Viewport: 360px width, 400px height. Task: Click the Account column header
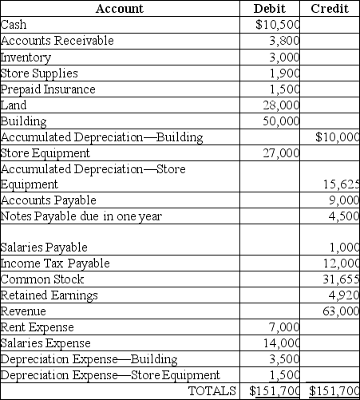119,9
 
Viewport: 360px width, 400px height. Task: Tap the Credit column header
330,9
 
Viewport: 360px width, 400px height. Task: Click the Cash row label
14,25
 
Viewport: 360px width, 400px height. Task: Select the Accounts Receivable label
57,41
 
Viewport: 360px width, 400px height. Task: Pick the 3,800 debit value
284,41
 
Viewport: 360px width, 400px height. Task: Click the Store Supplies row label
38,73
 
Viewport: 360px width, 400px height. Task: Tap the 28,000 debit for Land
281,105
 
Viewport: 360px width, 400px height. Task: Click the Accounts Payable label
49,200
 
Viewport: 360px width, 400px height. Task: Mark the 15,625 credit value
341,184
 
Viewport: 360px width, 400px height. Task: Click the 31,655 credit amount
341,279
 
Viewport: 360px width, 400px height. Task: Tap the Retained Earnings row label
49,295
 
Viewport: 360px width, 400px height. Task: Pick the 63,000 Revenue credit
341,311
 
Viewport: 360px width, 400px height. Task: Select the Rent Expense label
38,327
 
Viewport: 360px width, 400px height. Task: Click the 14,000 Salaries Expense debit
281,343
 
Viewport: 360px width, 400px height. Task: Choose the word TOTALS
212,390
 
